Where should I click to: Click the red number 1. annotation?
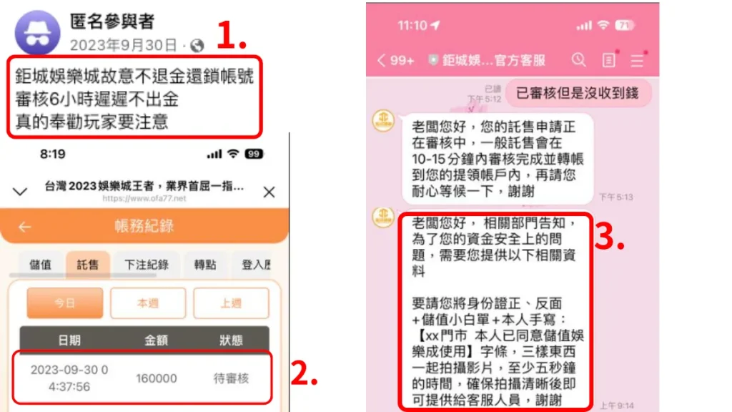pyautogui.click(x=232, y=36)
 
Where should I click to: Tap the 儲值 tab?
pyautogui.click(x=41, y=265)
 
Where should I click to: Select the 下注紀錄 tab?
pyautogui.click(x=146, y=265)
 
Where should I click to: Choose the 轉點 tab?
pyautogui.click(x=205, y=265)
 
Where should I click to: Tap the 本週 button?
pyautogui.click(x=148, y=303)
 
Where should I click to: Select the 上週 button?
pyautogui.click(x=231, y=303)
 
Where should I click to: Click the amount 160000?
pyautogui.click(x=156, y=378)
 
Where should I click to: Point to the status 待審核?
pyautogui.click(x=231, y=378)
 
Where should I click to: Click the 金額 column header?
pyautogui.click(x=156, y=340)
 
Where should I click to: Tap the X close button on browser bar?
pyautogui.click(x=269, y=192)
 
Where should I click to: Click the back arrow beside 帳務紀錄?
pyautogui.click(x=25, y=227)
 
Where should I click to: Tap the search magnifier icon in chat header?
pyautogui.click(x=578, y=60)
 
